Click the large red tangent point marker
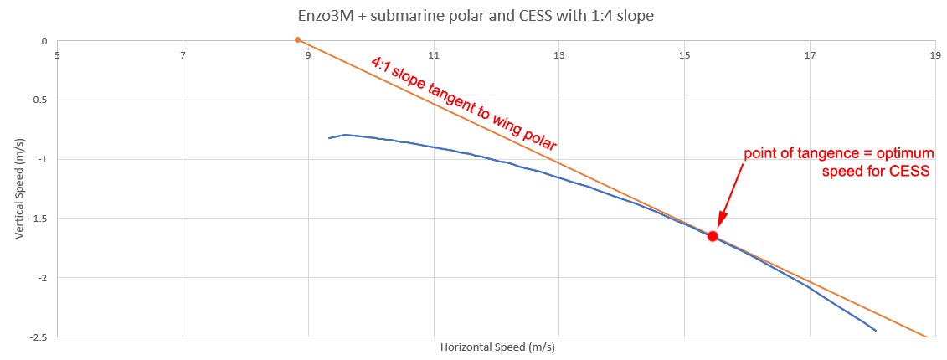point(713,236)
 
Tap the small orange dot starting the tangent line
point(297,39)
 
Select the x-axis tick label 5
point(57,56)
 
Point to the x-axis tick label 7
point(183,56)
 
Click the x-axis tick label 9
point(308,56)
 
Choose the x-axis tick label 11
point(434,56)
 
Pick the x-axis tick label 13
point(558,56)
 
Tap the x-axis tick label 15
point(684,56)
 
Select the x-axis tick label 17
point(810,56)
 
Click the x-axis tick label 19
point(934,56)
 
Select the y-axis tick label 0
point(44,41)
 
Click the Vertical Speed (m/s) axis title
point(19,188)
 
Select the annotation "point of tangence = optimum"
point(836,155)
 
